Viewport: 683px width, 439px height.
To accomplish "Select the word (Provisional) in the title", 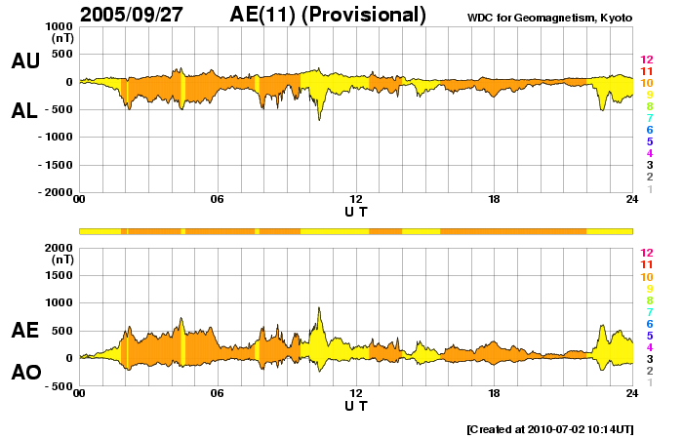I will [368, 15].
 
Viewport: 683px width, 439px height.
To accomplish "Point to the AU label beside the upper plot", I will [25, 61].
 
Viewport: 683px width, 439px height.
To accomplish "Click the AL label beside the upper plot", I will [25, 111].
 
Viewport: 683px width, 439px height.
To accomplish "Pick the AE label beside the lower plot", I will [25, 331].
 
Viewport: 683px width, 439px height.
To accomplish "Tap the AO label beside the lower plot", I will [25, 373].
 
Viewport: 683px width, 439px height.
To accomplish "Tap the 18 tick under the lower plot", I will [495, 393].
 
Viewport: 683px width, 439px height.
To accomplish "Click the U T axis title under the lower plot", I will [356, 405].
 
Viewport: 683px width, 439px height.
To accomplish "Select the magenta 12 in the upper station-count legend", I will [646, 60].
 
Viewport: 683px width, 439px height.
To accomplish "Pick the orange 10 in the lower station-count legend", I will [646, 276].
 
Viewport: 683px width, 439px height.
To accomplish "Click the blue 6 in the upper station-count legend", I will [649, 130].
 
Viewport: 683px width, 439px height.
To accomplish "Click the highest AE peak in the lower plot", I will [319, 309].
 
